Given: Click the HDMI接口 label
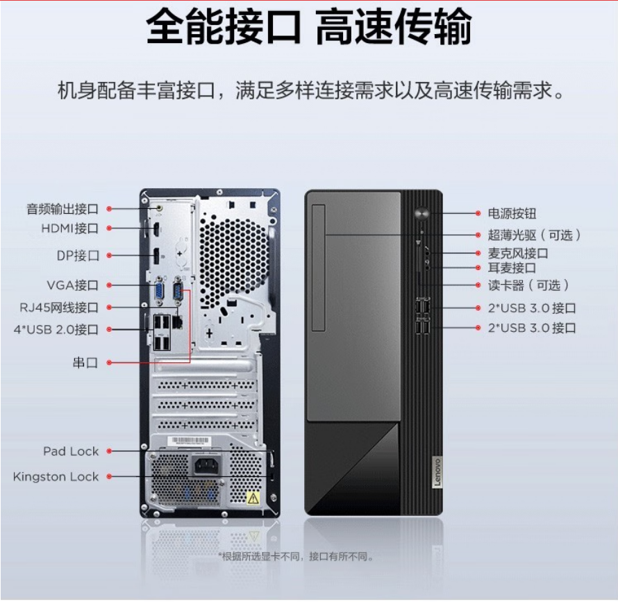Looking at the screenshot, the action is pos(69,228).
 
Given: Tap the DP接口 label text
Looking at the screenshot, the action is pos(78,256).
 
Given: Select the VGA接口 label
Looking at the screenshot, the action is pos(72,285).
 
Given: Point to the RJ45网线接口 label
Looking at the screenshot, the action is pos(59,307).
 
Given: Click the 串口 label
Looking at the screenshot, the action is pos(85,362).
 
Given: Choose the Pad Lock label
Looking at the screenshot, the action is pos(71,451).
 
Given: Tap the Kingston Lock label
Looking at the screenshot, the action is pos(56,476).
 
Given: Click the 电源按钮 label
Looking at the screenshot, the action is pos(512,213).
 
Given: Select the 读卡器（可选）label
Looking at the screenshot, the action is pos(528,285).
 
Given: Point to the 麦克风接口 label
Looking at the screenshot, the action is pos(518,253).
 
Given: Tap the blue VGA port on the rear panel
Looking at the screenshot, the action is pos(159,292).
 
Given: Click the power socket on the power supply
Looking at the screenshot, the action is pos(207,467).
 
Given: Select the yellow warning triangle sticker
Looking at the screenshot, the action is pos(253,499).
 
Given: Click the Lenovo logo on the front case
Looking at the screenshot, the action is pos(437,472).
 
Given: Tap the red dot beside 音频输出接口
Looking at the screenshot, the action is pos(109,208).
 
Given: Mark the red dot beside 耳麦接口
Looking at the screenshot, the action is pos(478,268).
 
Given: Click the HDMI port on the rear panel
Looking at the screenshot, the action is pos(156,229).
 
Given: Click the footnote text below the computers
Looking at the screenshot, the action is pos(296,556).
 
